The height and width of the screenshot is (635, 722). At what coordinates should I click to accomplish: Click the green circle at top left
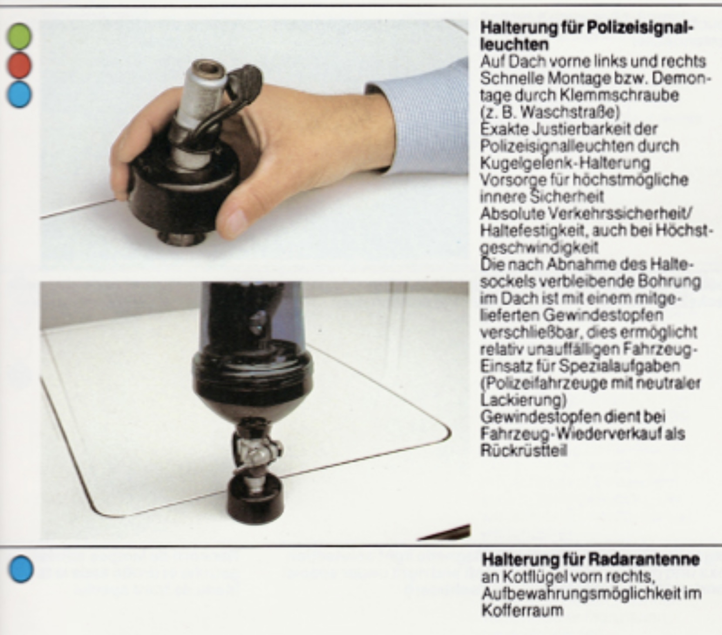(x=20, y=36)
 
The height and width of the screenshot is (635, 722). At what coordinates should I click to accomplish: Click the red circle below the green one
(x=20, y=65)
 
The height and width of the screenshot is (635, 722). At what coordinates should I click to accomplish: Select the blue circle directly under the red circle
(x=20, y=94)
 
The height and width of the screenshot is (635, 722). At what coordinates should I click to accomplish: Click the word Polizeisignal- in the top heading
(x=640, y=29)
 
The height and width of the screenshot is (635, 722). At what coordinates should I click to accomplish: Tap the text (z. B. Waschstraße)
(x=549, y=112)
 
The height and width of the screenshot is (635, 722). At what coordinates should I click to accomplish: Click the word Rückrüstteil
(x=524, y=450)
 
